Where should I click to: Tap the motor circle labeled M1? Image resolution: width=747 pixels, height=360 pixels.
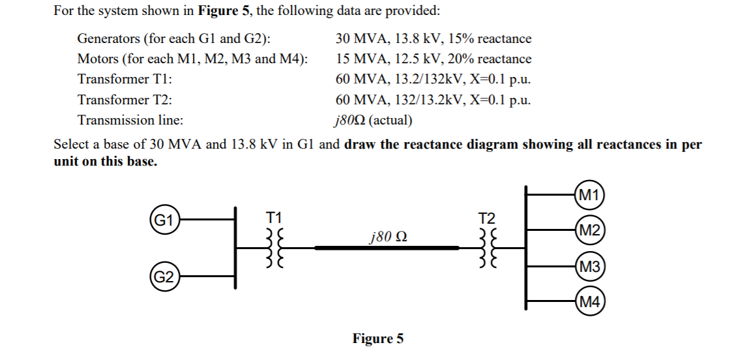pyautogui.click(x=590, y=194)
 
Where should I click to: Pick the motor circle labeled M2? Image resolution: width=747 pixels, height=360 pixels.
pyautogui.click(x=590, y=230)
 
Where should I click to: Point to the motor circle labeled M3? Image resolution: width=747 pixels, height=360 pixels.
pyautogui.click(x=590, y=266)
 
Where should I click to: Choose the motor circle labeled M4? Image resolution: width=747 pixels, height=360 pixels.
pyautogui.click(x=590, y=302)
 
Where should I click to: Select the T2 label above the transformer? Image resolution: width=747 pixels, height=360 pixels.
pyautogui.click(x=487, y=217)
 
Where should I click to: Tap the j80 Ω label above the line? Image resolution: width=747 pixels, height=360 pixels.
pyautogui.click(x=389, y=235)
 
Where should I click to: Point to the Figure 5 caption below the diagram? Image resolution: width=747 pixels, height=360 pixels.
pyautogui.click(x=378, y=338)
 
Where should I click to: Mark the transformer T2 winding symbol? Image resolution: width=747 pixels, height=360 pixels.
pyautogui.click(x=488, y=248)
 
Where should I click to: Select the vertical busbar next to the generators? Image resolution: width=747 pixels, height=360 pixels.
pyautogui.click(x=235, y=248)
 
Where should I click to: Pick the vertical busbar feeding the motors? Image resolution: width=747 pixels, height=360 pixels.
pyautogui.click(x=527, y=248)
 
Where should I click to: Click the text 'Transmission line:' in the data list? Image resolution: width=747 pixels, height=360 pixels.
pyautogui.click(x=130, y=121)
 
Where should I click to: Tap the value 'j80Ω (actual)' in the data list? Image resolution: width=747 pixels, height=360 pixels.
pyautogui.click(x=372, y=121)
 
